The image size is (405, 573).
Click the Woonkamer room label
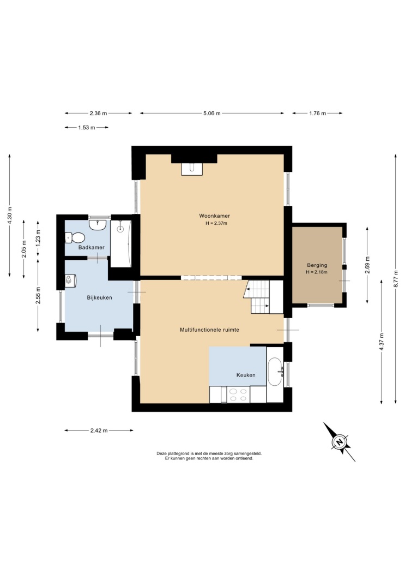click(x=215, y=216)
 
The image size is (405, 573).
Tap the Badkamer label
click(x=91, y=247)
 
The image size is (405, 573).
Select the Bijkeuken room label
click(x=100, y=297)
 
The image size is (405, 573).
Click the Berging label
click(x=317, y=265)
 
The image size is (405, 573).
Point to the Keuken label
click(x=246, y=375)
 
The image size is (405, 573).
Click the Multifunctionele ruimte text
click(x=209, y=330)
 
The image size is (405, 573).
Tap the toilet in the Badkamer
click(x=75, y=238)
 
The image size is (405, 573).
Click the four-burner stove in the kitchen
click(x=238, y=395)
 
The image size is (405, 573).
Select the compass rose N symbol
click(x=340, y=442)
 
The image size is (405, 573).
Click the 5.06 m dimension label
click(x=212, y=114)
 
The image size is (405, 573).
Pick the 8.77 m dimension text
click(x=396, y=279)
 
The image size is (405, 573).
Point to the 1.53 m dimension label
click(x=87, y=128)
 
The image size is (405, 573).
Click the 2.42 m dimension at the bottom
click(x=99, y=431)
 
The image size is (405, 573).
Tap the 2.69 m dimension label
click(x=367, y=265)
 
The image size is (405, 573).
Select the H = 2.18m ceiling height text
click(x=317, y=272)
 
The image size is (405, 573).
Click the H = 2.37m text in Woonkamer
click(x=216, y=223)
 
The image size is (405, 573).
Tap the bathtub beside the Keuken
click(x=275, y=372)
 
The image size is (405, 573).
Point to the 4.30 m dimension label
click(x=10, y=216)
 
